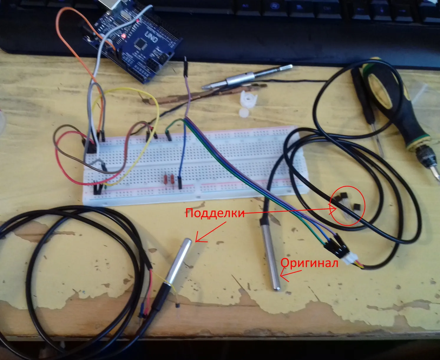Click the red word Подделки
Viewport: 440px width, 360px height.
[x=215, y=213]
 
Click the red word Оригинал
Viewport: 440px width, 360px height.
[x=309, y=263]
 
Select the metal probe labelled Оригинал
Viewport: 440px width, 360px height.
[x=272, y=254]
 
